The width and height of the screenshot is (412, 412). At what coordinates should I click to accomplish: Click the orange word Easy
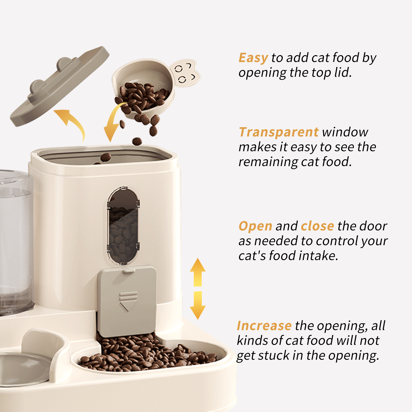point(253,58)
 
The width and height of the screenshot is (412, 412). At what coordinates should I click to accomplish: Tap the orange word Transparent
point(279,132)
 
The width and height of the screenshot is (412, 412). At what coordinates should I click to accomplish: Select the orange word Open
point(255,226)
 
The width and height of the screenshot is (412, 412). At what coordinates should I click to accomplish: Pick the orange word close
point(317,226)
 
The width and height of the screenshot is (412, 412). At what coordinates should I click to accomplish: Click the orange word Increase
point(264,326)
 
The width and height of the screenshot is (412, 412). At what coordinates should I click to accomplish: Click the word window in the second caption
point(345,132)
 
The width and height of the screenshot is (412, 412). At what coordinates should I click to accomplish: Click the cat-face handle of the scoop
point(185,73)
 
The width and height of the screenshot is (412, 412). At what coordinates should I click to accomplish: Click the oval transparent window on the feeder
point(123,226)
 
